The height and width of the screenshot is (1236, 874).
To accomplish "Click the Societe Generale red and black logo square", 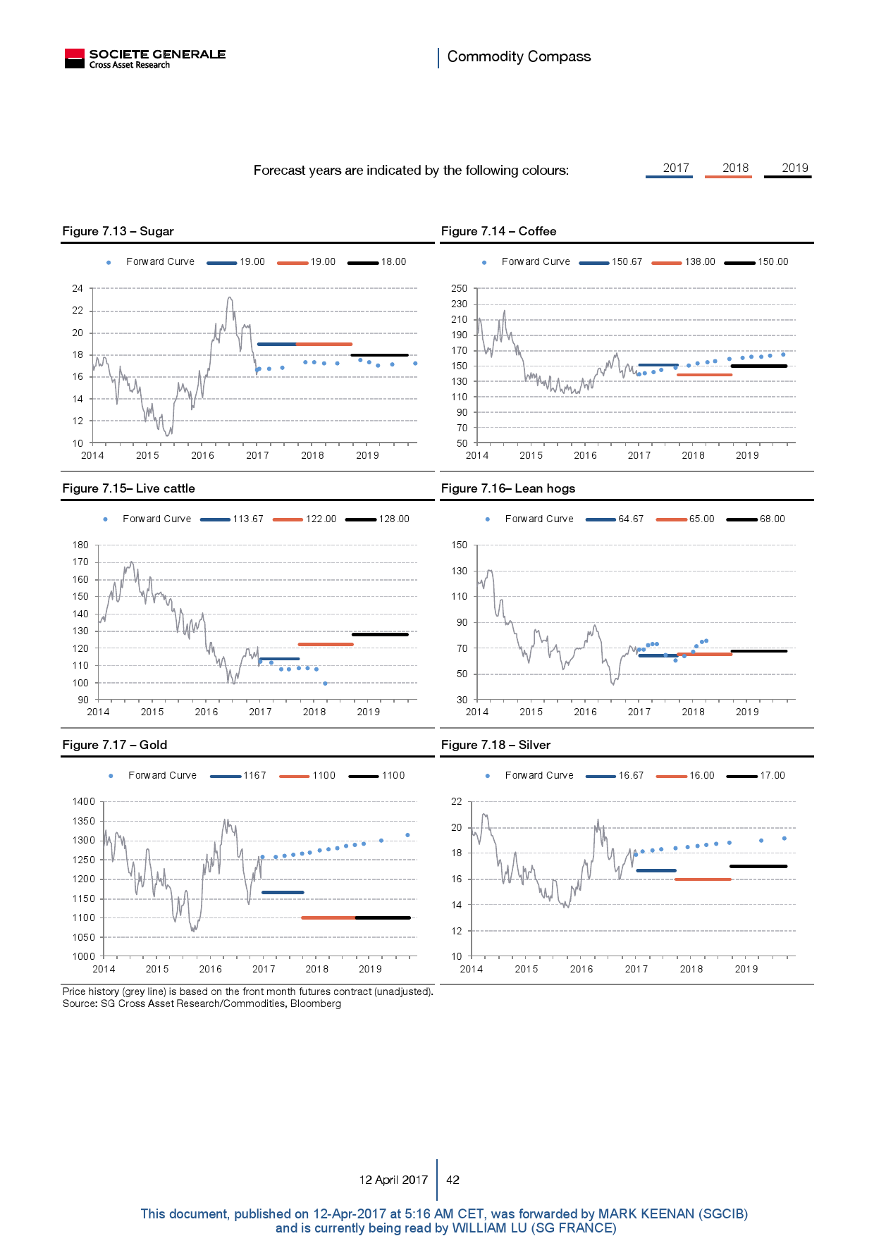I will pos(74,58).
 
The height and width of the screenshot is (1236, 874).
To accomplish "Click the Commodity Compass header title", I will pos(519,56).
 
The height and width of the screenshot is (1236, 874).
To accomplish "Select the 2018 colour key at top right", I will pos(735,168).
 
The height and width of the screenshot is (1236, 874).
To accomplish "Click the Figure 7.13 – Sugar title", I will pos(118,231).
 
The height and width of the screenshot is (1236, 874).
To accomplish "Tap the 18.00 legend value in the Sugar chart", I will pos(393,262).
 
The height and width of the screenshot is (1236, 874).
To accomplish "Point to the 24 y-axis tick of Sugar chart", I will pos(78,288).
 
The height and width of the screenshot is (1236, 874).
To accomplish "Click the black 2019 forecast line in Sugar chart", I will pos(379,355).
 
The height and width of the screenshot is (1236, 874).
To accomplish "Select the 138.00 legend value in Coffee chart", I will pos(700,262).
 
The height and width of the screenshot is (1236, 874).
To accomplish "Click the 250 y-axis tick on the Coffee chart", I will pos(460,288).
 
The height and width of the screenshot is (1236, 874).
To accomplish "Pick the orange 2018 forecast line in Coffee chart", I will pos(704,375).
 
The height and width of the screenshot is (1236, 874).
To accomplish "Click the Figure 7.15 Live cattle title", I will pos(128,488).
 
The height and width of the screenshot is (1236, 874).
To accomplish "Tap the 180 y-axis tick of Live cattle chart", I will pos(80,545).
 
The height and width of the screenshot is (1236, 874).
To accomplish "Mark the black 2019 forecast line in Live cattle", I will pos(380,635).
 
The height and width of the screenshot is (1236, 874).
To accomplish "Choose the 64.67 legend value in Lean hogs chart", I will pos(631,519).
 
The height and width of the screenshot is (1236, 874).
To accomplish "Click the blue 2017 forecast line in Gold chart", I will pos(283,893).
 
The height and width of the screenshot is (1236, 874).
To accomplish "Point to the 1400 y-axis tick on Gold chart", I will pos(83,801).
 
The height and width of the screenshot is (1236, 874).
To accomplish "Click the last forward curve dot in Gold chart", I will pos(407,835).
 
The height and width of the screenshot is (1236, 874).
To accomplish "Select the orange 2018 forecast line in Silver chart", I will pos(703,879).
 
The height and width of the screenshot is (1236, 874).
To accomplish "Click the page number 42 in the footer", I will pos(453,1180).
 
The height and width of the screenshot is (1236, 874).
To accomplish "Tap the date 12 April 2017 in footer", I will pos(393,1180).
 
